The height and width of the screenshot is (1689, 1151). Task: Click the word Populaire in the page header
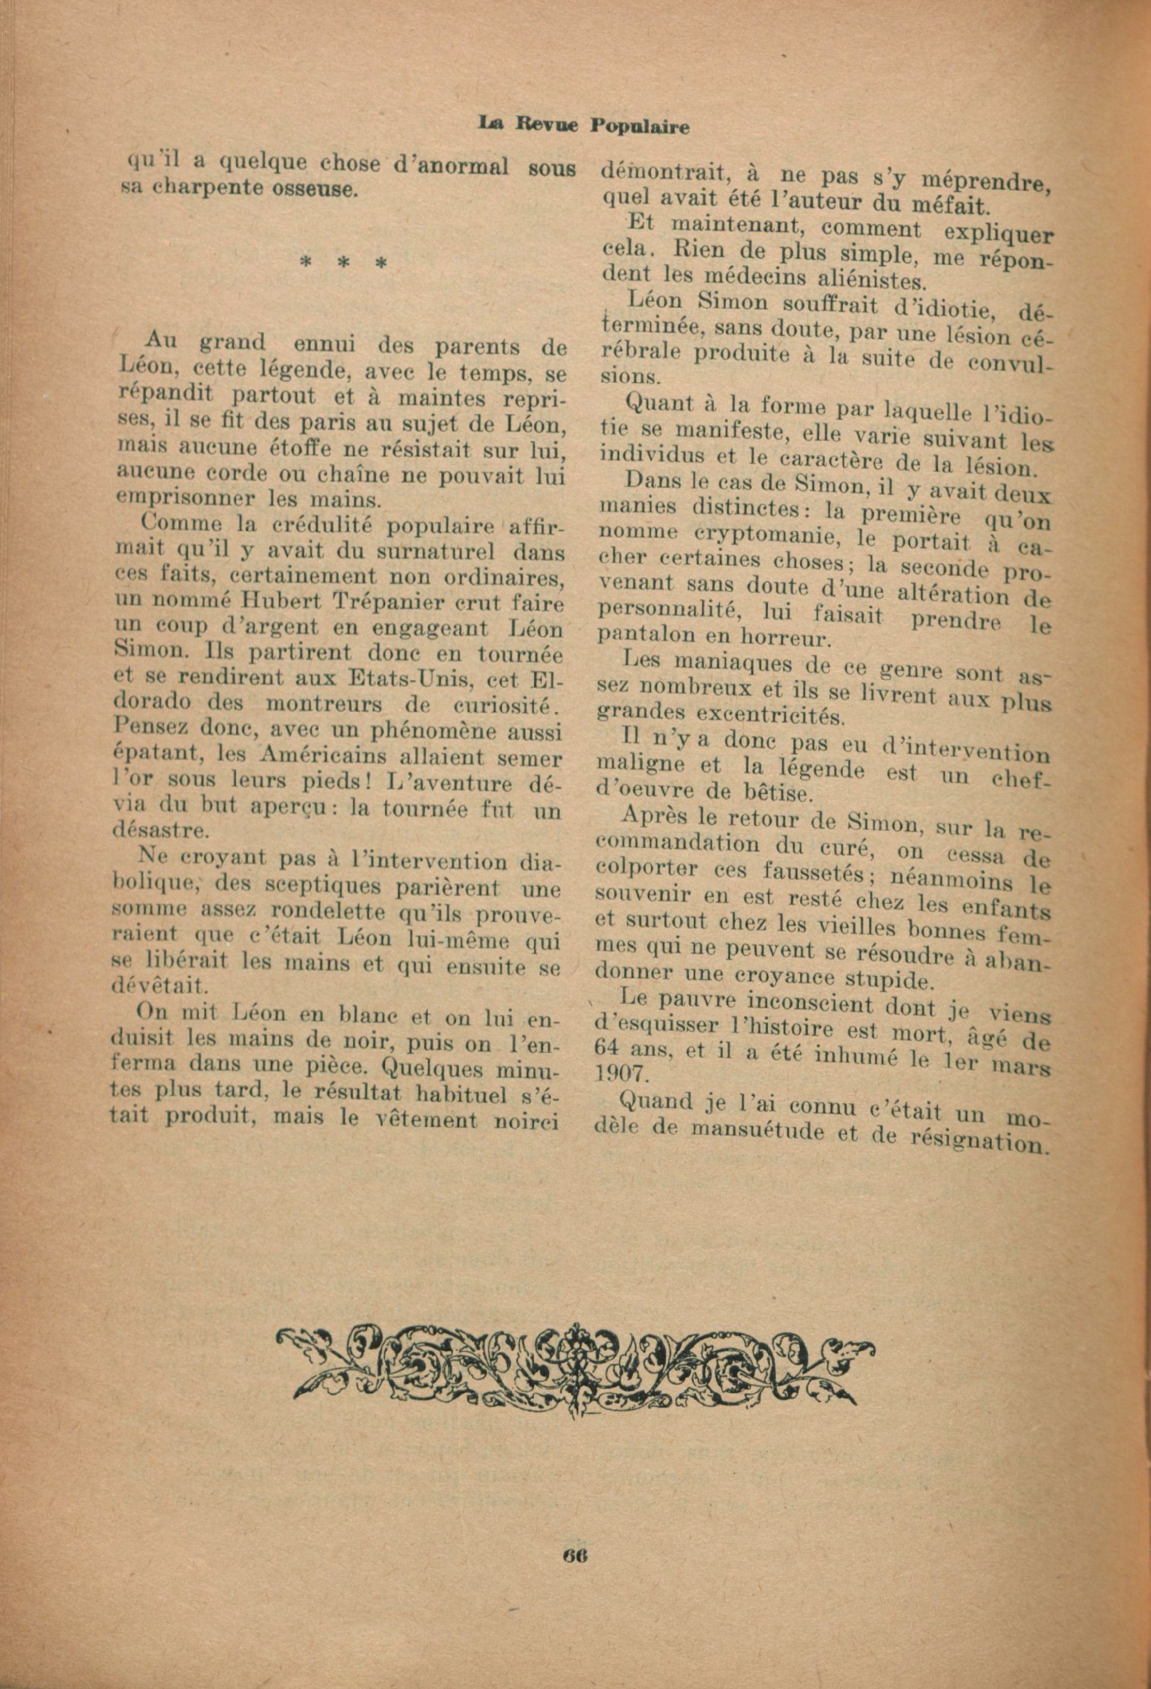639,126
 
